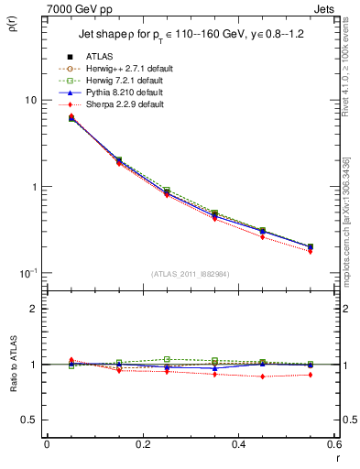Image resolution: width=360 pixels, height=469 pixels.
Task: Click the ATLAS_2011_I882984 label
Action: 190,275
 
